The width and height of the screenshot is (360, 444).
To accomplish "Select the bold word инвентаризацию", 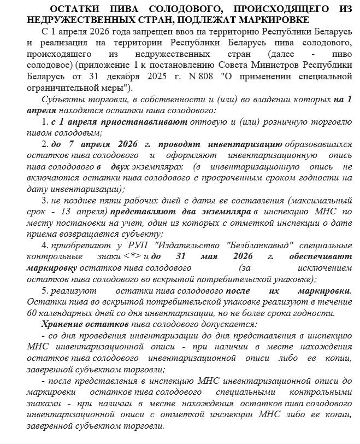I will click(244, 144).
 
